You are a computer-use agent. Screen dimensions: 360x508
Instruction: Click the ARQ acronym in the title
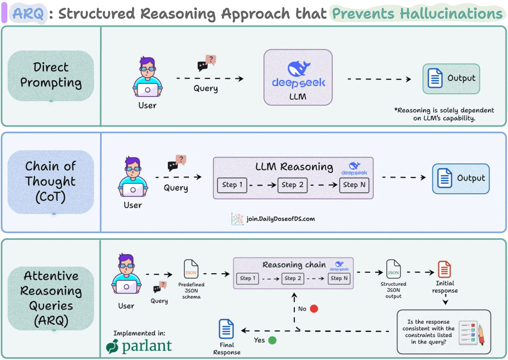(28, 14)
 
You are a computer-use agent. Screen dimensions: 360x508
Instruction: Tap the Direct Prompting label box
(51, 75)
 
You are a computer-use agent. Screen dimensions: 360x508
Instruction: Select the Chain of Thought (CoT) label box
(51, 182)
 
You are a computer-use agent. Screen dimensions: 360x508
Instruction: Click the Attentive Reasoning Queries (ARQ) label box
(51, 298)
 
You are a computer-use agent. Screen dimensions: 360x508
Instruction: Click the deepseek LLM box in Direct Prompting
(298, 77)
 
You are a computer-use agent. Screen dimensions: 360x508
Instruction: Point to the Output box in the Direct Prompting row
(451, 78)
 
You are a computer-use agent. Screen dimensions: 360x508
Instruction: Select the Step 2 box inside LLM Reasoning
(292, 185)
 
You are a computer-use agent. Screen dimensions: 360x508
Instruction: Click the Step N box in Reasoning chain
(339, 278)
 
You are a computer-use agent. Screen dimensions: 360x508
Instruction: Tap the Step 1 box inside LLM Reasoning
(232, 185)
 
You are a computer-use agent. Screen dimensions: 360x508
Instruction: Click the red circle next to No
(314, 309)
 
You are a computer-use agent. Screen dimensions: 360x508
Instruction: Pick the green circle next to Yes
(272, 340)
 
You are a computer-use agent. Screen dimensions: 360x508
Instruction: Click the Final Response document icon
(226, 329)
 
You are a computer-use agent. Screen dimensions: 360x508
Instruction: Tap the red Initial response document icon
(444, 269)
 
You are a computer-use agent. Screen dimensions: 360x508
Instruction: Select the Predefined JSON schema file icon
(191, 269)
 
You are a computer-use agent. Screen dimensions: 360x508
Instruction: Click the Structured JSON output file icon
(393, 269)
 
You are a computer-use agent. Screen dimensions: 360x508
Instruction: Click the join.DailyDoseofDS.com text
(281, 219)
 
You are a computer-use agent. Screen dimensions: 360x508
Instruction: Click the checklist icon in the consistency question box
(468, 333)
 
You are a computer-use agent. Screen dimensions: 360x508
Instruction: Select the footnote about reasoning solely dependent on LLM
(444, 114)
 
